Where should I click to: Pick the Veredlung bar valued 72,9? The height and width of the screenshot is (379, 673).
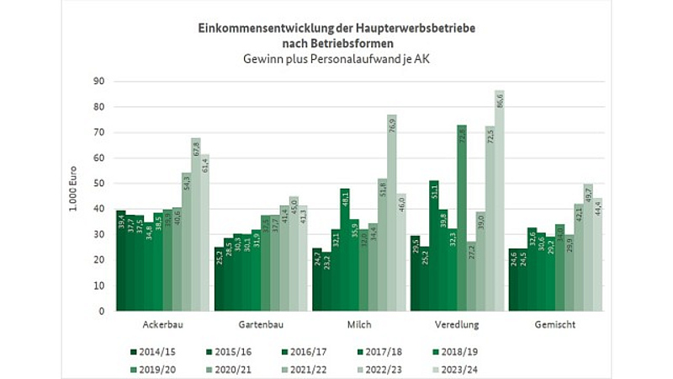461,217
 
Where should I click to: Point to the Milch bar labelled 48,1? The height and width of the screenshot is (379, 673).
345,249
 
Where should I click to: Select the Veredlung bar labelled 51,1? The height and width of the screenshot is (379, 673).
433,245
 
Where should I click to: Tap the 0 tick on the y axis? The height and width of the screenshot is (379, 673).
100,311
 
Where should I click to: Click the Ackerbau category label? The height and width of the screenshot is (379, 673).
164,324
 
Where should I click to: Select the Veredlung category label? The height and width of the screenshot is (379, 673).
457,324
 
